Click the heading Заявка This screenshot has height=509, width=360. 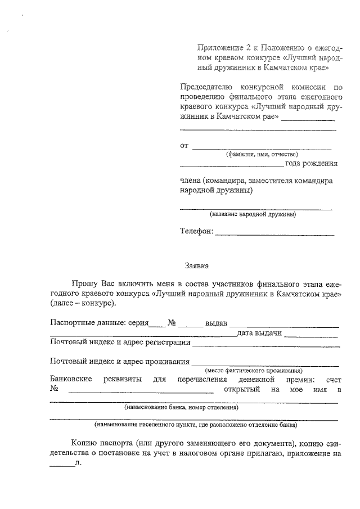coord(196,265)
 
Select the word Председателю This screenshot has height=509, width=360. coord(205,88)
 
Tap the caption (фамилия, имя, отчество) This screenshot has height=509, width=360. coord(262,154)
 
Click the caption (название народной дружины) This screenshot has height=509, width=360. coord(253,214)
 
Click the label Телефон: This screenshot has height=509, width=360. coord(196,231)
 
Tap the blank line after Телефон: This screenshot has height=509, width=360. coord(274,233)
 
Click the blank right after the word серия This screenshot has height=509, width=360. coord(157,324)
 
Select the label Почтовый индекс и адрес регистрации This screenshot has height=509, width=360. coord(120,343)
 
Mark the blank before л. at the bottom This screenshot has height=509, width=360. coord(62,465)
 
